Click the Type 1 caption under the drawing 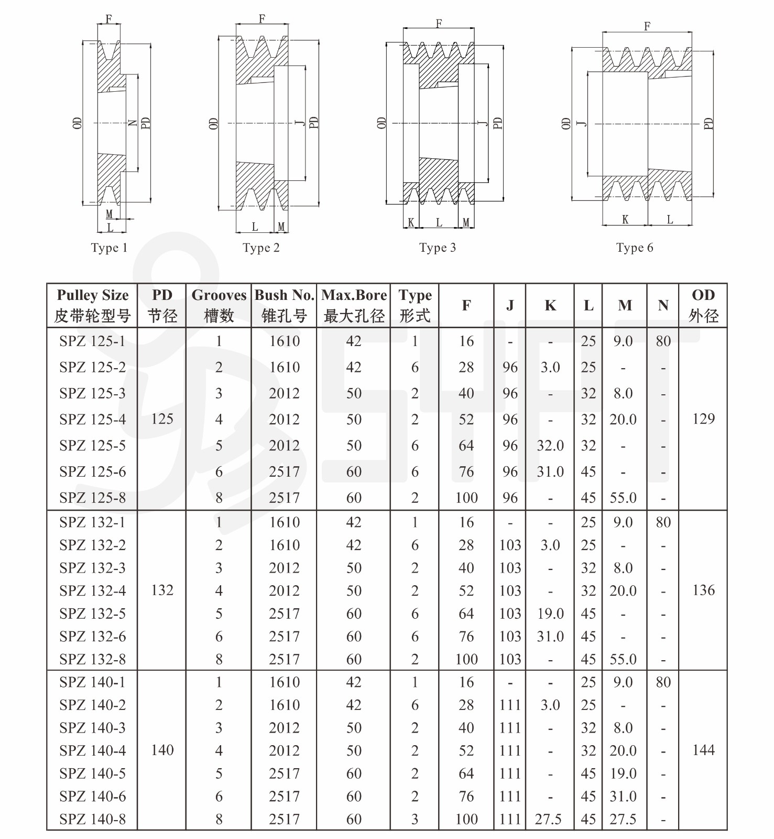pyautogui.click(x=109, y=248)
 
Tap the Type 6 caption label pyautogui.click(x=635, y=248)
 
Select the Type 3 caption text pyautogui.click(x=438, y=248)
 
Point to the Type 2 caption pyautogui.click(x=261, y=248)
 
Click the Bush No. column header pyautogui.click(x=284, y=305)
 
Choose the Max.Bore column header pyautogui.click(x=354, y=305)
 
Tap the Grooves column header pyautogui.click(x=219, y=305)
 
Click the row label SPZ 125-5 pyautogui.click(x=93, y=446)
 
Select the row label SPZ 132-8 pyautogui.click(x=93, y=659)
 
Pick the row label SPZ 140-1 pyautogui.click(x=93, y=682)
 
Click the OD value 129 pyautogui.click(x=703, y=419)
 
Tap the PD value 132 pyautogui.click(x=162, y=590)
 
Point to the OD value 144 pyautogui.click(x=703, y=750)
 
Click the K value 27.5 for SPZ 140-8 pyautogui.click(x=548, y=819)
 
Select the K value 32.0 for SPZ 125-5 pyautogui.click(x=550, y=446)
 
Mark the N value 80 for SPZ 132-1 pyautogui.click(x=663, y=522)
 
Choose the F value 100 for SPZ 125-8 pyautogui.click(x=466, y=498)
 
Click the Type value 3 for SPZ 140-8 pyautogui.click(x=415, y=819)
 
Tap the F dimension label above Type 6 pyautogui.click(x=647, y=26)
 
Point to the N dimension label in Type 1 pyautogui.click(x=132, y=123)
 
